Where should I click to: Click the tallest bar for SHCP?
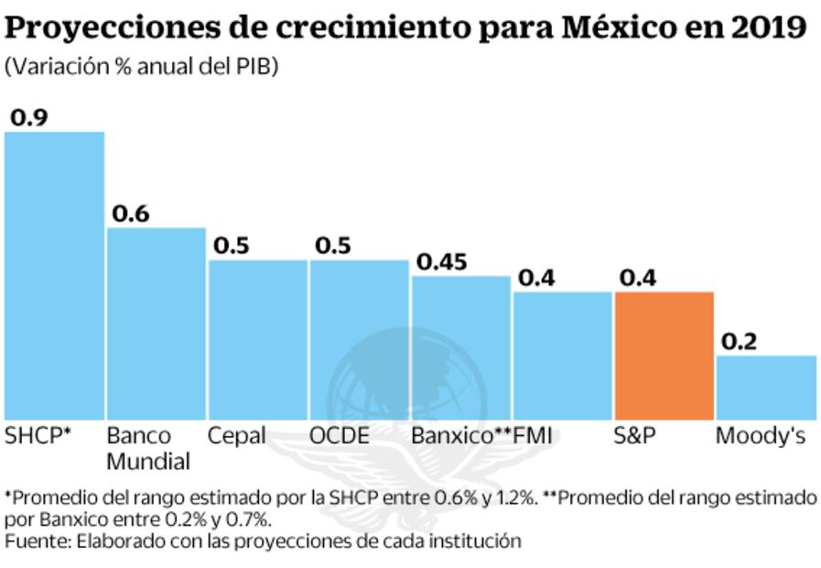pyautogui.click(x=54, y=275)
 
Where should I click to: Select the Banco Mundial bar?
pyautogui.click(x=156, y=323)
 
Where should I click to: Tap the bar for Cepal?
pyautogui.click(x=257, y=339)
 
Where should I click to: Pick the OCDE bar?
pyautogui.click(x=359, y=339)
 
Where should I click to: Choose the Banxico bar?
pyautogui.click(x=460, y=347)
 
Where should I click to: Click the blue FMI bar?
pyautogui.click(x=562, y=355)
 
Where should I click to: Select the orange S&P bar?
pyautogui.click(x=664, y=355)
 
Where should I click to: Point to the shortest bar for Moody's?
pyautogui.click(x=765, y=387)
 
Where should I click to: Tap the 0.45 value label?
pyautogui.click(x=442, y=261)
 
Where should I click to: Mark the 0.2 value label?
pyautogui.click(x=740, y=342)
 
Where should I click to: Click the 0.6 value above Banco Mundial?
pyautogui.click(x=130, y=213)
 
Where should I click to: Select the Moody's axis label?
pyautogui.click(x=761, y=435)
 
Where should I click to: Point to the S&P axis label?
pyautogui.click(x=634, y=435)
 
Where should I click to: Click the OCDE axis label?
pyautogui.click(x=340, y=435)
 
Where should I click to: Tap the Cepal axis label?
pyautogui.click(x=236, y=435)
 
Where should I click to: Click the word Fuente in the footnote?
pyautogui.click(x=36, y=541)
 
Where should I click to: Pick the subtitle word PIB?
pyautogui.click(x=257, y=67)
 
